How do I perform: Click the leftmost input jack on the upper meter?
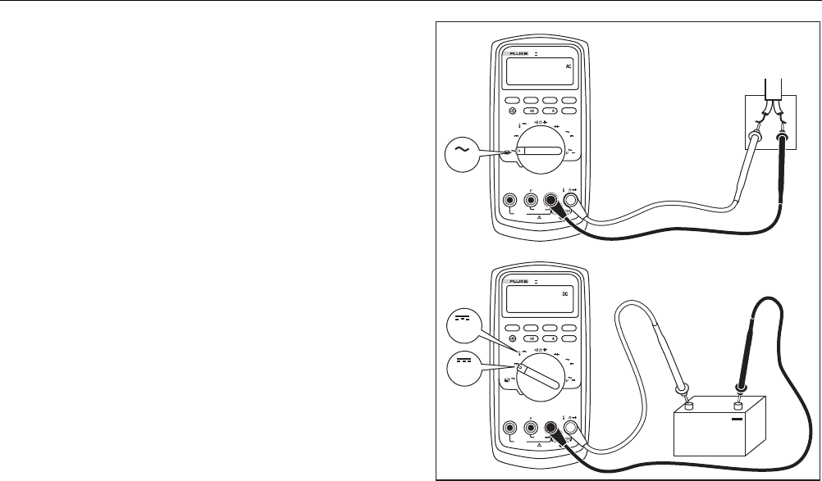point(510,199)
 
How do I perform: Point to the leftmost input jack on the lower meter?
point(510,426)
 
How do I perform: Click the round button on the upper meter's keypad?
point(514,110)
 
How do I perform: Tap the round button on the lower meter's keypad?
point(514,337)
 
